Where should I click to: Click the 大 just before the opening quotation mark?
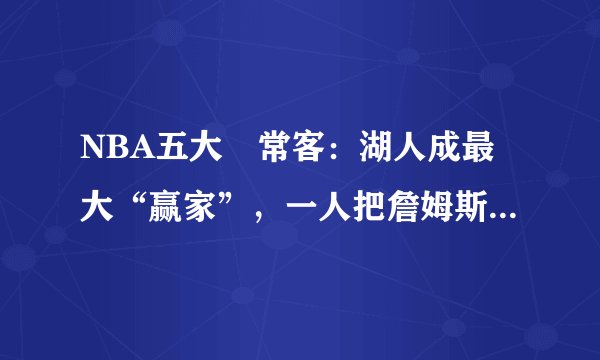[x=102, y=200]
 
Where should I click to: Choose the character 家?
[x=203, y=200]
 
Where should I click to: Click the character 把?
[x=374, y=200]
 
